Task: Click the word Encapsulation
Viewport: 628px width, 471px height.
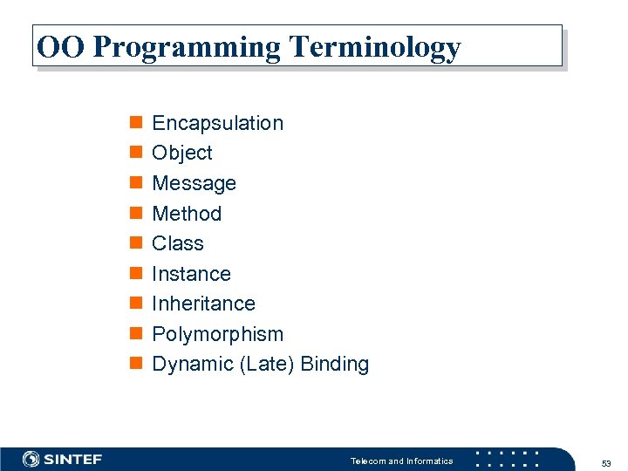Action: pos(217,123)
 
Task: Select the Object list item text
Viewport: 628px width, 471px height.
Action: pos(181,154)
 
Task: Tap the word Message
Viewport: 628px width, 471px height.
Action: pos(194,183)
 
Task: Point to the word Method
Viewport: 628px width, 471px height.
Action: pos(187,214)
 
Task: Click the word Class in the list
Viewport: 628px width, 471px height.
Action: pos(177,243)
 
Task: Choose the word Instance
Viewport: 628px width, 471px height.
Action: pos(191,274)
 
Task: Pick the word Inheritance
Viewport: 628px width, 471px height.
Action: pos(203,304)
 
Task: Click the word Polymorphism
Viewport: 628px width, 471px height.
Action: pos(217,334)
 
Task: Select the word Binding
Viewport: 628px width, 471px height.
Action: pos(334,365)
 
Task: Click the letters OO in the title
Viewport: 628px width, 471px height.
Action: pos(60,46)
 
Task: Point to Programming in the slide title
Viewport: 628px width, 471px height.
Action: pos(187,48)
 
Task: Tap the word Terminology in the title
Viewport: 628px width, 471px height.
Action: pos(374,48)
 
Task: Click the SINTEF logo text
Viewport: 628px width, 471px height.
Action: pos(73,460)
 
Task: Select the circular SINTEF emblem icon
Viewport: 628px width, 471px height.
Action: pos(31,460)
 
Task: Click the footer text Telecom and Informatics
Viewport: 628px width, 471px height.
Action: pos(401,461)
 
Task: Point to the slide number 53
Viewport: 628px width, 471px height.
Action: pos(605,461)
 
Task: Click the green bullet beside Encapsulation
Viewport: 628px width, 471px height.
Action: pos(135,123)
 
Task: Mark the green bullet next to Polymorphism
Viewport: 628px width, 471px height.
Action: pos(135,334)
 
